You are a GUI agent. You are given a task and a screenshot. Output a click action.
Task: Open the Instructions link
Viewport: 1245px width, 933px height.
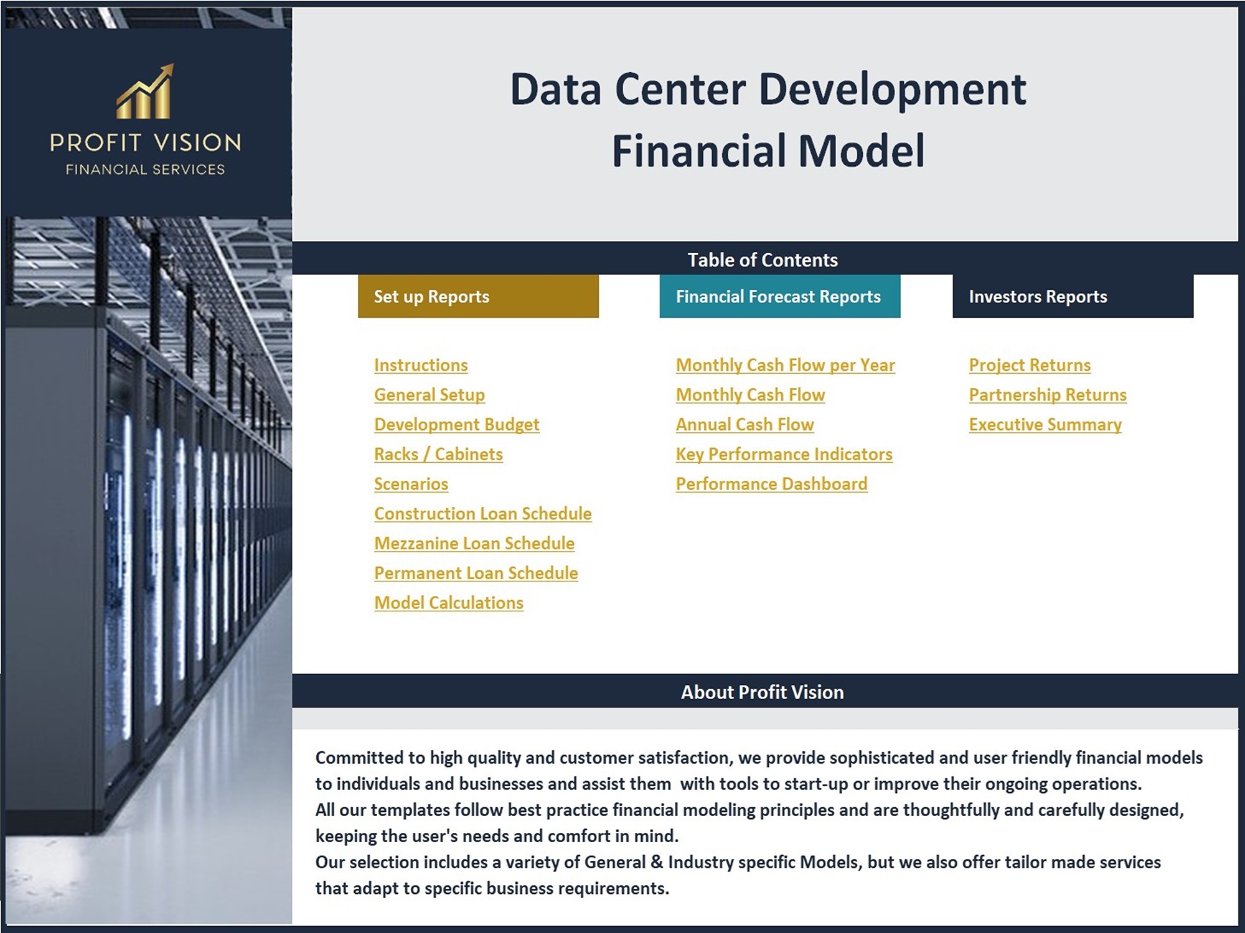click(x=421, y=365)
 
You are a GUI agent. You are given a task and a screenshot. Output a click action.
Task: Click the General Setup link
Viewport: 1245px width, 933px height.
click(x=430, y=395)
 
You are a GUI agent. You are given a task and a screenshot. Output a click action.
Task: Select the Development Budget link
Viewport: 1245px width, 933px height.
click(x=457, y=425)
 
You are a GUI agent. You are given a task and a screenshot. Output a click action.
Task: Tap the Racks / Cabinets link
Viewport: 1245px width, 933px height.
click(x=438, y=454)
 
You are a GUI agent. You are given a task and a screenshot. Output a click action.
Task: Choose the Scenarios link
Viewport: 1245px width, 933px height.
click(x=411, y=484)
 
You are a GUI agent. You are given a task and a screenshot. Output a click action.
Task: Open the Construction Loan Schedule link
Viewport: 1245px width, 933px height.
click(x=483, y=514)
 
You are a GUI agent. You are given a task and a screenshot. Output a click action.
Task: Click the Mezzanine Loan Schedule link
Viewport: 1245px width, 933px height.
click(x=474, y=544)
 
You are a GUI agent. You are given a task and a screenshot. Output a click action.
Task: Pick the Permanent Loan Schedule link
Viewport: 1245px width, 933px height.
click(x=476, y=573)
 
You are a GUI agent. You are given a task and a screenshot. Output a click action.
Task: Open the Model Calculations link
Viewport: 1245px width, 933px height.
click(x=449, y=603)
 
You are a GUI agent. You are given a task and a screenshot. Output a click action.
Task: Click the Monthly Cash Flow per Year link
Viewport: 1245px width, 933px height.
click(x=786, y=365)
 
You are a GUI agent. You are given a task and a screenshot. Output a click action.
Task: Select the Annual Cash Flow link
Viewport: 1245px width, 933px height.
click(x=745, y=425)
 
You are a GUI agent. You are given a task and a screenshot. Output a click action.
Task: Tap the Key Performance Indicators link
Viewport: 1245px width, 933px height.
click(x=784, y=454)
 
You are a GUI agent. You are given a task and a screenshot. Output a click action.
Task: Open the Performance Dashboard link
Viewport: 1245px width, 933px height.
click(x=772, y=484)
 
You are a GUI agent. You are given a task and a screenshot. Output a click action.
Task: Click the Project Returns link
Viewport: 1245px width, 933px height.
click(x=1030, y=365)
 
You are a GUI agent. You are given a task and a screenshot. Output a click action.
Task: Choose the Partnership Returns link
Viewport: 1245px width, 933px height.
click(x=1048, y=395)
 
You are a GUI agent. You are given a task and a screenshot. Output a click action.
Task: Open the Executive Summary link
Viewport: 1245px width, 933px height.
click(x=1045, y=425)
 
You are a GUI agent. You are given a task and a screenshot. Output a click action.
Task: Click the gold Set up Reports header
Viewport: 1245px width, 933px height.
click(x=478, y=296)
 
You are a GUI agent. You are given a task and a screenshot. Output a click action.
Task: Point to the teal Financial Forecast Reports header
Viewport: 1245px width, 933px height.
click(x=780, y=296)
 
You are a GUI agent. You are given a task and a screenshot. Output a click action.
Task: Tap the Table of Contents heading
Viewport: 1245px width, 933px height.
click(x=763, y=260)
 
